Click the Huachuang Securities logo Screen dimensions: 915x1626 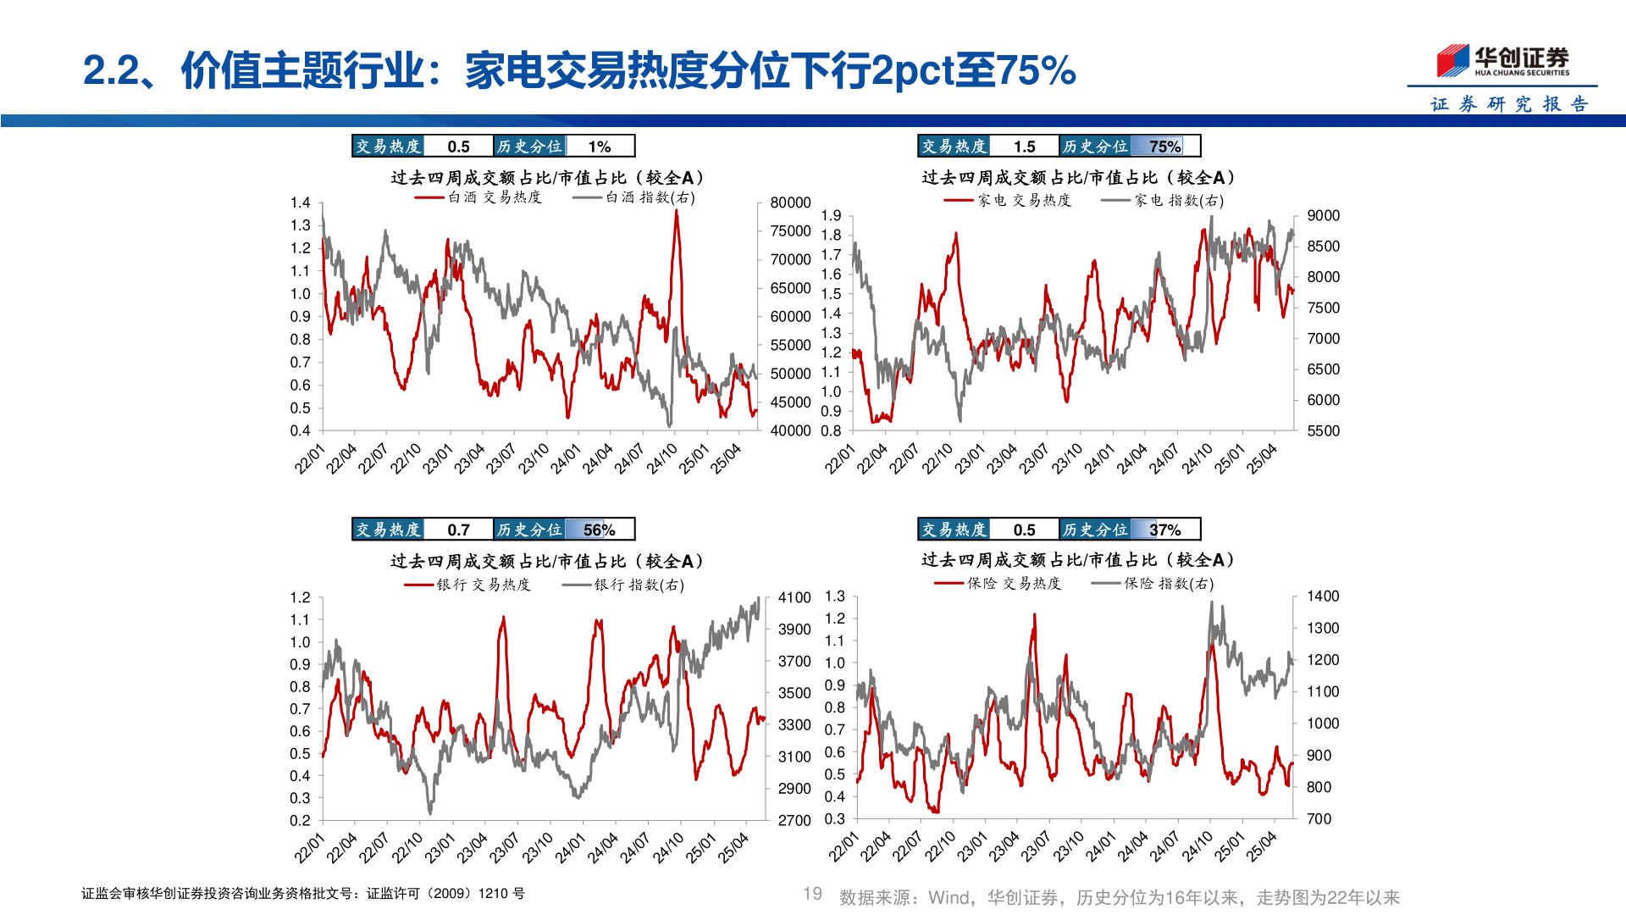tap(1502, 60)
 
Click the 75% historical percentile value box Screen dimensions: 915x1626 tap(1164, 147)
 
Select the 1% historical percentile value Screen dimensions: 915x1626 tap(600, 147)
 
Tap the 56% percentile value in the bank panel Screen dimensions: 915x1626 tap(599, 530)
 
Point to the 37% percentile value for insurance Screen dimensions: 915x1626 tap(1164, 530)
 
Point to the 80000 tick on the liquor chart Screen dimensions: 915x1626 tap(790, 202)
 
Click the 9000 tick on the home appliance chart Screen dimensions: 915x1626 tap(1323, 216)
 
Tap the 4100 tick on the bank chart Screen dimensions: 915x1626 tap(794, 598)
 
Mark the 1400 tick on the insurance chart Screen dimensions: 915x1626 tap(1323, 596)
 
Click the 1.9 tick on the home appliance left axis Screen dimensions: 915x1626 tap(831, 216)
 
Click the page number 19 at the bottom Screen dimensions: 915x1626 tap(812, 894)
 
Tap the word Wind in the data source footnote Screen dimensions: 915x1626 tap(948, 898)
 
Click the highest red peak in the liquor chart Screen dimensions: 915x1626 tap(676, 212)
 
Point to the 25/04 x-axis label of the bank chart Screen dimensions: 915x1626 tap(734, 847)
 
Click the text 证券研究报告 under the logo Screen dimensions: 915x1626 tap(1509, 104)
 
